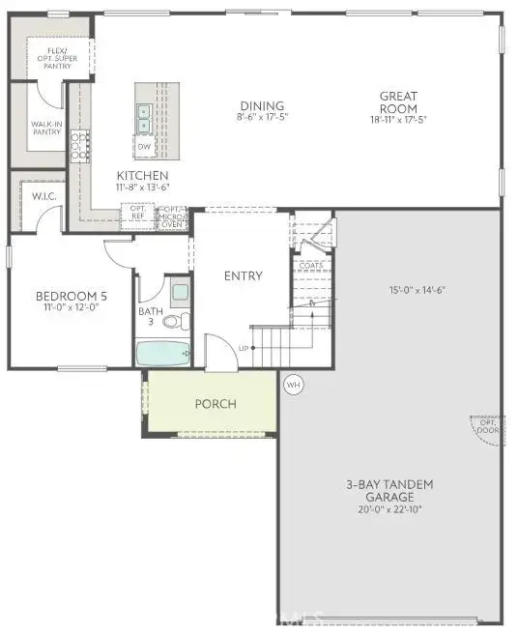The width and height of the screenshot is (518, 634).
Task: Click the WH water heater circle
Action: tap(293, 385)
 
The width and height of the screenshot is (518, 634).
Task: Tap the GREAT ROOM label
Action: tap(397, 101)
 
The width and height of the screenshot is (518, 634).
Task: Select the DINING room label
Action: tap(262, 111)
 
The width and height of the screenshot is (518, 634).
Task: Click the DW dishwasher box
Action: tap(144, 147)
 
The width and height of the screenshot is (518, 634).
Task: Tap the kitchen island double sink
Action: tap(144, 118)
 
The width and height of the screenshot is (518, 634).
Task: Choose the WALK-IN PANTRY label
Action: tap(45, 129)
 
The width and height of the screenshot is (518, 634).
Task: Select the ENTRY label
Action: tap(243, 275)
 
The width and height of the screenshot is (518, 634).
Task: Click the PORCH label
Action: tap(215, 404)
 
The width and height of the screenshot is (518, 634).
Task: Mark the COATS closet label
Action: tap(311, 265)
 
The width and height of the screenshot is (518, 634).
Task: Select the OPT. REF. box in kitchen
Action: tap(137, 215)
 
